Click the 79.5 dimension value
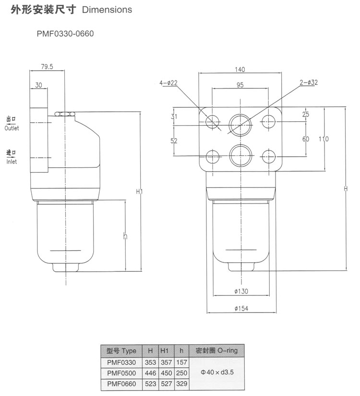[47, 67]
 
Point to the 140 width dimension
[240, 70]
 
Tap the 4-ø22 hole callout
[168, 83]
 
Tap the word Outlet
[12, 128]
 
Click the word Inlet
[12, 162]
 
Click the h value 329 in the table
[181, 384]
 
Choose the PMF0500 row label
[121, 373]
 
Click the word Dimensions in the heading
[107, 10]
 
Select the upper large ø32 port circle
[240, 125]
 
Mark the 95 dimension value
[240, 85]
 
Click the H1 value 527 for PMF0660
[166, 384]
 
